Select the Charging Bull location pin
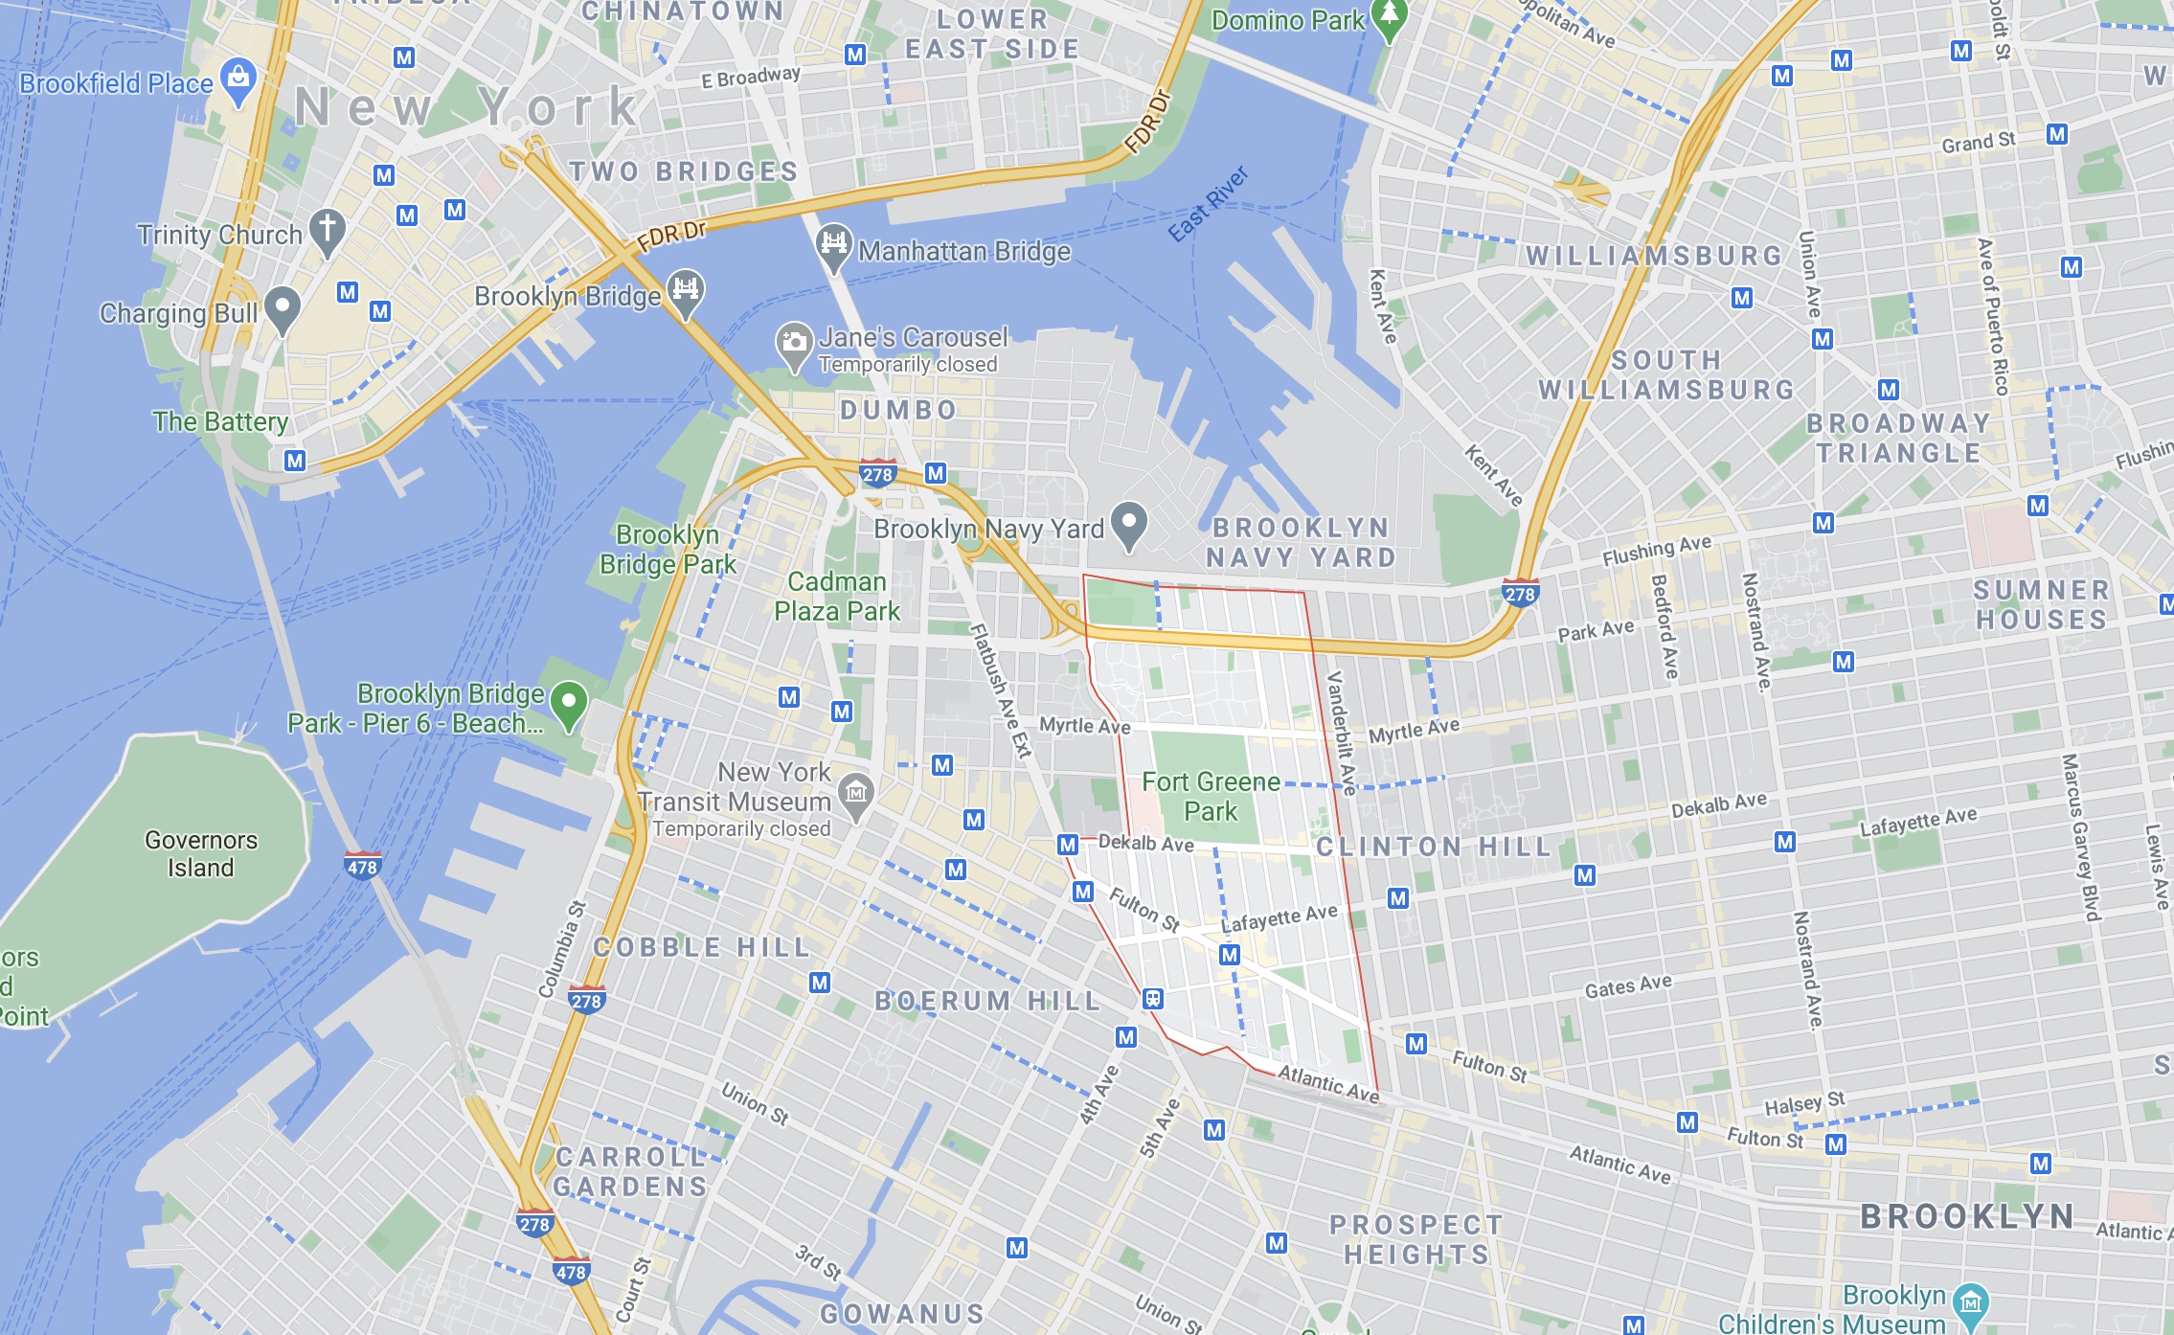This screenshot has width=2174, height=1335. [x=283, y=309]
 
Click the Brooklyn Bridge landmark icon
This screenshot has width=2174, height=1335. [x=686, y=290]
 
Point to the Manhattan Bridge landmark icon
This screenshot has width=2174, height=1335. [x=833, y=246]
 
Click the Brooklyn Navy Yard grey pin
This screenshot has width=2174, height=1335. [x=1129, y=525]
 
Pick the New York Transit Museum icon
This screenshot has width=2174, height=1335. [x=856, y=795]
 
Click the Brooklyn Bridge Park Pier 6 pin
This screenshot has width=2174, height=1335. [x=570, y=706]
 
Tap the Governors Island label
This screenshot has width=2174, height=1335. [x=201, y=853]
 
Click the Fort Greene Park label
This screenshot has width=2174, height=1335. [x=1211, y=797]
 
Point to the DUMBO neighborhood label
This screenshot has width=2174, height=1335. [x=898, y=410]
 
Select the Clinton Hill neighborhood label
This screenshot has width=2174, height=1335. [x=1433, y=847]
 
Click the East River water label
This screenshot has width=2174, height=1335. [x=1209, y=203]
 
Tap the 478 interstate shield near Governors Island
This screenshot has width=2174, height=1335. [x=362, y=866]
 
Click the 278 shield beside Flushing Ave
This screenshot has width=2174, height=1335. [x=1520, y=593]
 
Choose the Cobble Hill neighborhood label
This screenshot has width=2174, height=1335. [x=702, y=947]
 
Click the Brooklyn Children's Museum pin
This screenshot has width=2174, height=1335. [x=1970, y=1303]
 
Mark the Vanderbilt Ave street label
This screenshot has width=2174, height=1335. [x=1341, y=733]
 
